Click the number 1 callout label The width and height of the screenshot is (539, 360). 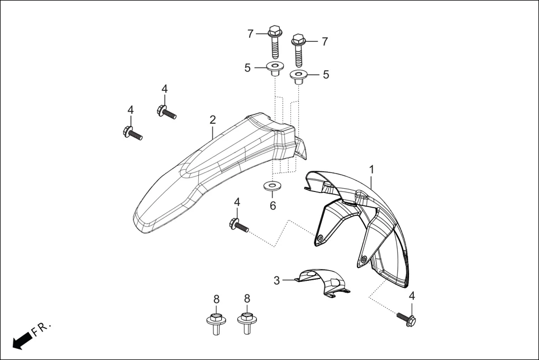coord(371,168)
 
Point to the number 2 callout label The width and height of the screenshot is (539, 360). coord(213,119)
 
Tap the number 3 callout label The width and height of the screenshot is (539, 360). coord(276,280)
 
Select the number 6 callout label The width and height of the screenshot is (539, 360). coord(273,205)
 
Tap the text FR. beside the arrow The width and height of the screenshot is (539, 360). coord(42,329)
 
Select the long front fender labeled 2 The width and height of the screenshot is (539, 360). coord(212,173)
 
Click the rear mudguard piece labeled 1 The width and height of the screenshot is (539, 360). coord(363,223)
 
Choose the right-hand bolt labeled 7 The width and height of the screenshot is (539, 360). coord(298,49)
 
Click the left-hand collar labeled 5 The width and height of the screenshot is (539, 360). coord(274,70)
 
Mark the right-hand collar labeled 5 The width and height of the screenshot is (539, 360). coord(298,76)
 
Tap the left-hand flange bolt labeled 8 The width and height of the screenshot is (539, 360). coord(215,323)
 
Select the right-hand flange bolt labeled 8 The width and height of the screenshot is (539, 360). coord(246,323)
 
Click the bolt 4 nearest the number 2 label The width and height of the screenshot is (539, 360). coord(167,111)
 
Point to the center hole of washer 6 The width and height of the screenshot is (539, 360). coord(273,185)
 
